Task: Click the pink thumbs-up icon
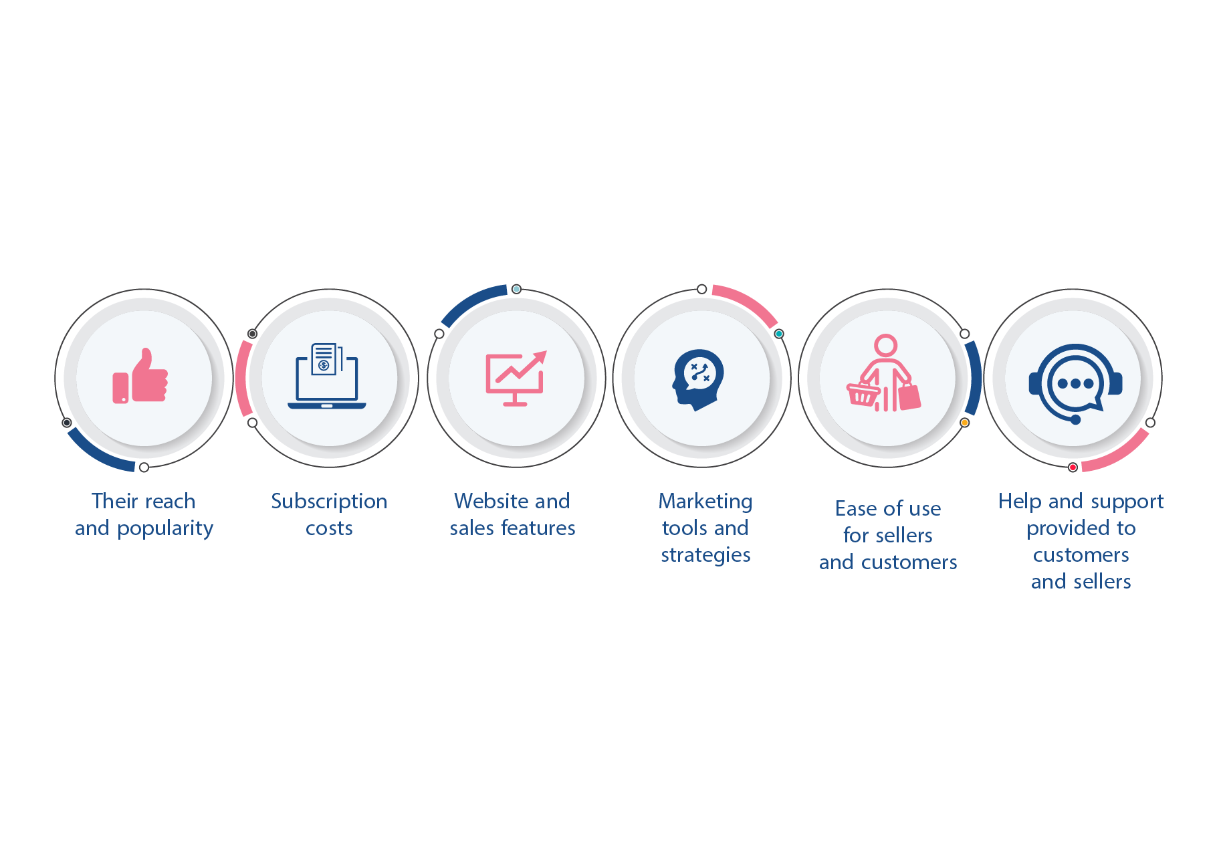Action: (140, 377)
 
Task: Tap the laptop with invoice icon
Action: (327, 376)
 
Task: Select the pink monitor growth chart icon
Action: (516, 378)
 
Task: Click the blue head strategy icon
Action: (698, 379)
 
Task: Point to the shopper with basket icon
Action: (884, 375)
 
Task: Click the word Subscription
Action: (329, 502)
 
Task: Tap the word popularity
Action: (165, 529)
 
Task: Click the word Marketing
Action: (705, 501)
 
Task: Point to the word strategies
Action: (705, 555)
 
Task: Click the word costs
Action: (329, 528)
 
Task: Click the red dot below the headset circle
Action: (1073, 467)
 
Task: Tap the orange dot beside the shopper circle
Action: (964, 423)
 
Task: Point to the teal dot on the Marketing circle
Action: (778, 334)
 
